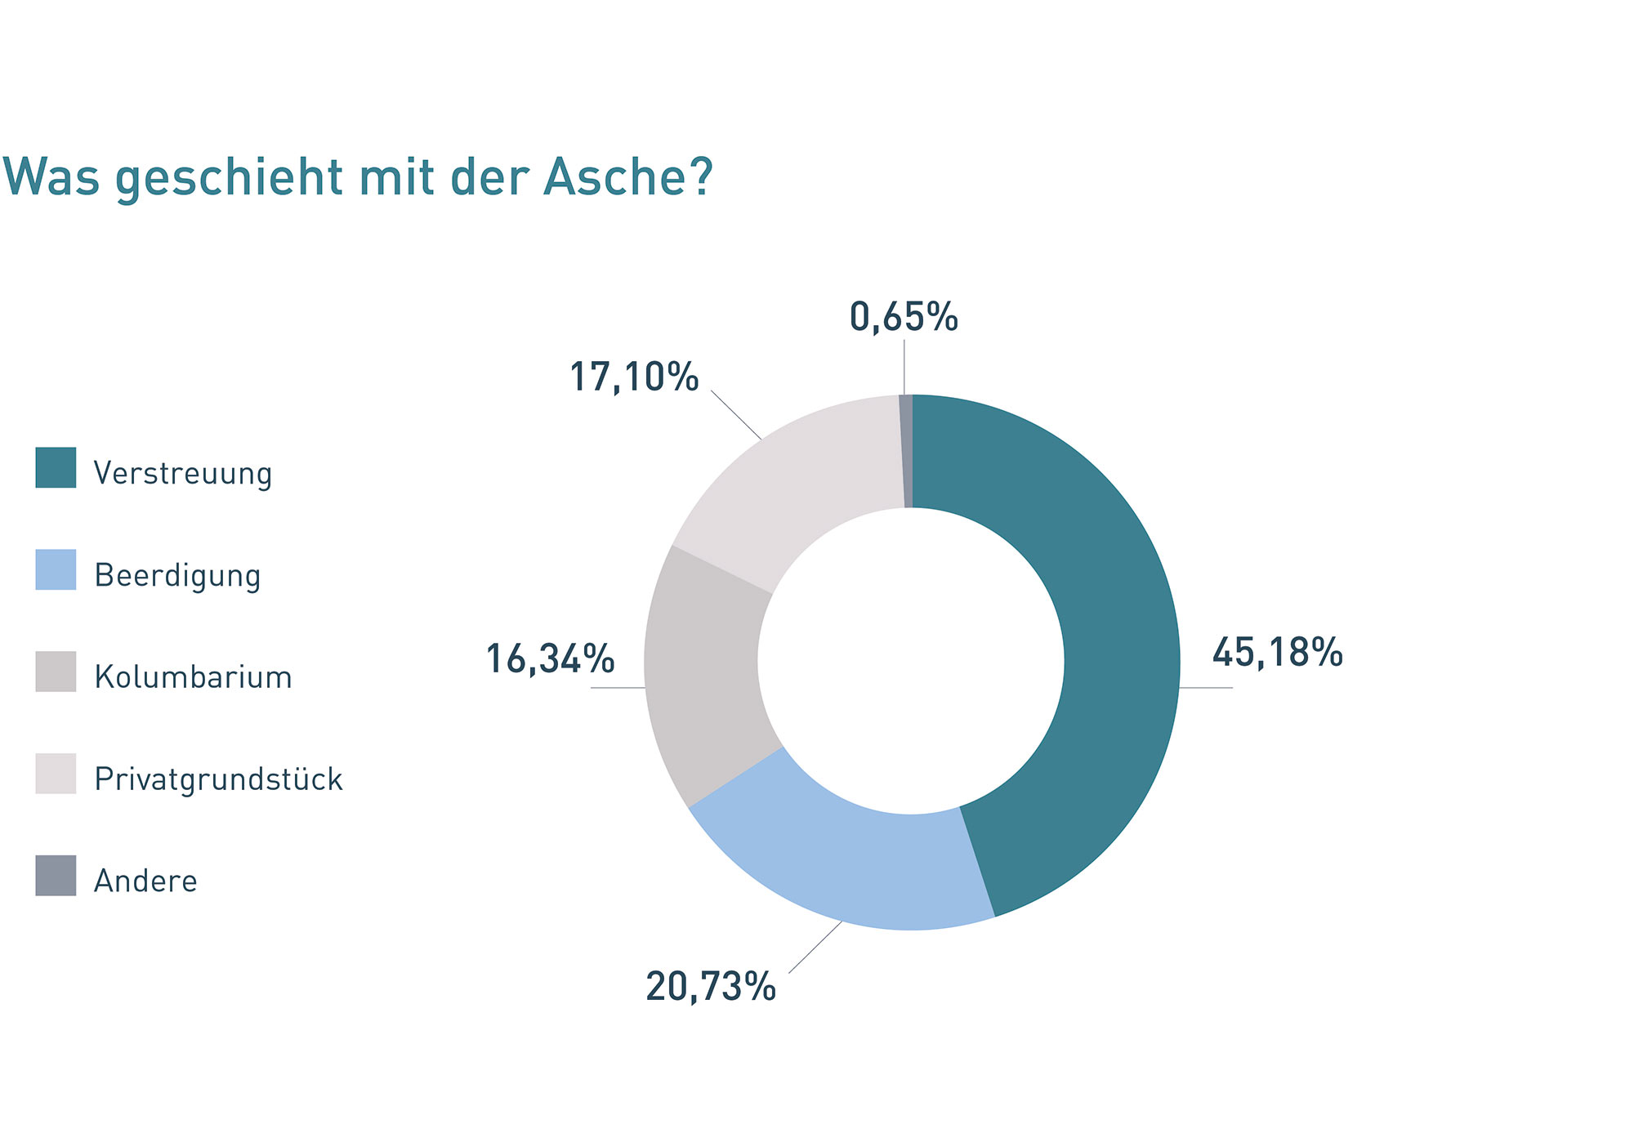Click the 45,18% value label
1277,653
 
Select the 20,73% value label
711,987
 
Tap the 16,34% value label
550,659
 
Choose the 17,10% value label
634,377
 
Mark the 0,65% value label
904,317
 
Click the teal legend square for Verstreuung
56,467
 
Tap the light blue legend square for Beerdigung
56,569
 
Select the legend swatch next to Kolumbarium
56,672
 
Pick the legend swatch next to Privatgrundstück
56,774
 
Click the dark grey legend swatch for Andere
56,876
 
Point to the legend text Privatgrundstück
218,779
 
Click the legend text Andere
145,881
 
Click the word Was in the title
51,176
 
